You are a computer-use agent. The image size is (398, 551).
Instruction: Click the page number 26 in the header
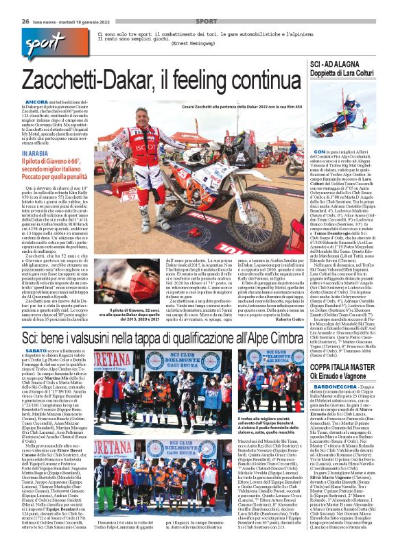click(25, 21)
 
